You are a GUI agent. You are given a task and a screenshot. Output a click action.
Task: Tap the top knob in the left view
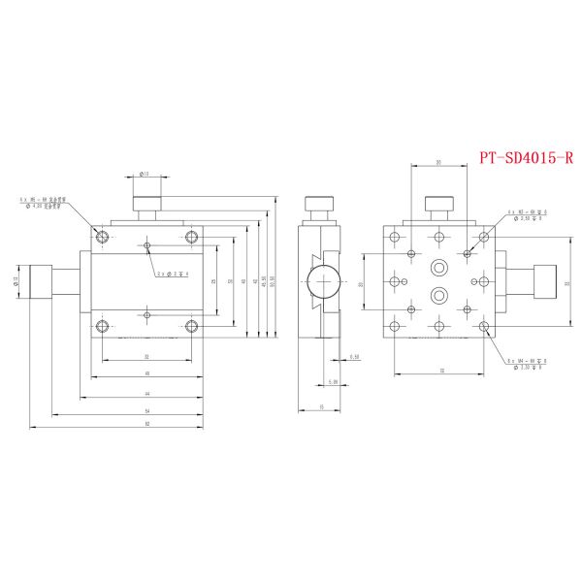[146, 206]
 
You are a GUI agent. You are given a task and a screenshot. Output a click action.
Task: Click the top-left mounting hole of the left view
[102, 237]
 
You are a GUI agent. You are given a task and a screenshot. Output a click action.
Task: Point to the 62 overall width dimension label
[146, 423]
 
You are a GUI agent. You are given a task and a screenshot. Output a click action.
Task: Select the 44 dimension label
[146, 393]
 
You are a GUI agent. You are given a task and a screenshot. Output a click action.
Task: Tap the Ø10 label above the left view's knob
[144, 175]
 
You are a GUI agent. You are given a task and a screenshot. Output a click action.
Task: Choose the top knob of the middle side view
[319, 208]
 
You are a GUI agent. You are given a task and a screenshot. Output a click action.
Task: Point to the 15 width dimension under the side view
[320, 406]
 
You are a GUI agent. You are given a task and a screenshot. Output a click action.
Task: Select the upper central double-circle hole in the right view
[438, 266]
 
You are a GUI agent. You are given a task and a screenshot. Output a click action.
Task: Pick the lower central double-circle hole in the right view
[438, 293]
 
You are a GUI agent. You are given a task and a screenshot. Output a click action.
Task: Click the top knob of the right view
[439, 206]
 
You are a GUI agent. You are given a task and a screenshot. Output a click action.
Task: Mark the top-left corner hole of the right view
[394, 236]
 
